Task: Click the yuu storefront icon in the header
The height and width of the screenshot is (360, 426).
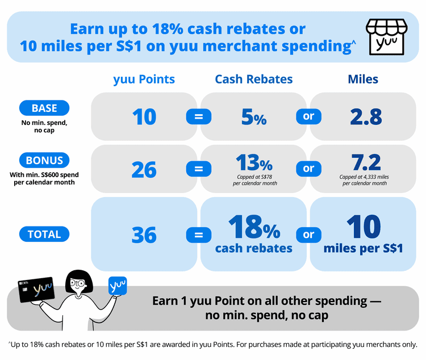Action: [387, 37]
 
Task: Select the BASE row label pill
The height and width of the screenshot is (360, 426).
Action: [44, 108]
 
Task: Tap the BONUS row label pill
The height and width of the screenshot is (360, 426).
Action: [44, 160]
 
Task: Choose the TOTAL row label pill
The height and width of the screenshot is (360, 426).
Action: [44, 234]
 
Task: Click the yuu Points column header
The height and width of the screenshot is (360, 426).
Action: [144, 79]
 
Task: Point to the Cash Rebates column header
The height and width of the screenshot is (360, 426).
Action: [254, 79]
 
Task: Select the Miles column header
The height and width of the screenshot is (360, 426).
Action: [363, 79]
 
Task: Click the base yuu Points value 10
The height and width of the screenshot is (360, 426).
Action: [144, 117]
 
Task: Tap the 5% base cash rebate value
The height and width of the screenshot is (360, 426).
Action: [254, 117]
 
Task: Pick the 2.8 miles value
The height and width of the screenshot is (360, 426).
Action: [366, 117]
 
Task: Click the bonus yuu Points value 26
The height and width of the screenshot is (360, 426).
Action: [144, 170]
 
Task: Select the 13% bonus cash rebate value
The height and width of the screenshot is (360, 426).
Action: [254, 162]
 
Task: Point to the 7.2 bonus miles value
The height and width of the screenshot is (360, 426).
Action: [366, 162]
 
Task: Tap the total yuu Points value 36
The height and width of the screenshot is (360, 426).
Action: [144, 235]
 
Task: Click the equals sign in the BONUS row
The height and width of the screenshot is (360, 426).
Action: [199, 169]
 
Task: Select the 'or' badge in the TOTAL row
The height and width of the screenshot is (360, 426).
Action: [308, 235]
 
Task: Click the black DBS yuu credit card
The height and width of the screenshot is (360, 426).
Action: [37, 290]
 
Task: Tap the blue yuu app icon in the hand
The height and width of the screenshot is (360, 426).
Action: [118, 286]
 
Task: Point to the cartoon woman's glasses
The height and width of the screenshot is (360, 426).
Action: [77, 283]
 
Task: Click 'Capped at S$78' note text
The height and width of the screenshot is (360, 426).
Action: [254, 177]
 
